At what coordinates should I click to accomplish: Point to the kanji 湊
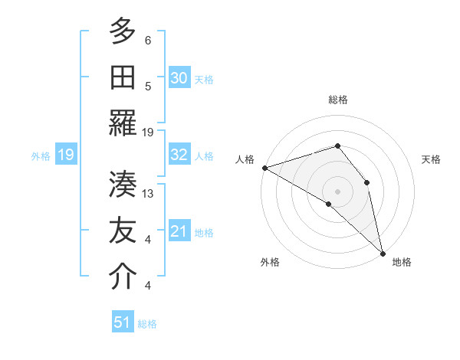click(x=123, y=184)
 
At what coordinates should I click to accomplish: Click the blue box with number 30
click(x=179, y=77)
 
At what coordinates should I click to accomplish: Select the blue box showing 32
click(x=179, y=155)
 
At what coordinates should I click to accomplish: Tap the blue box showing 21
click(x=179, y=231)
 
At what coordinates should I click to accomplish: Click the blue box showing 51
click(x=123, y=322)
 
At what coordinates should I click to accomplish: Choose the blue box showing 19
click(x=66, y=155)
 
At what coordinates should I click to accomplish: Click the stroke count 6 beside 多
click(x=148, y=41)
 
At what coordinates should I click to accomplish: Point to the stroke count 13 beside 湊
click(x=149, y=194)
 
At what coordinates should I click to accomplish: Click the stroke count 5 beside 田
click(x=148, y=86)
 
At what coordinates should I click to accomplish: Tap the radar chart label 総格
click(x=338, y=100)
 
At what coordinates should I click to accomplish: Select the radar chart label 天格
click(x=432, y=159)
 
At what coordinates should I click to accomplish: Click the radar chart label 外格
click(x=270, y=262)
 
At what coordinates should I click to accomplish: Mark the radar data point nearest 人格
click(x=264, y=168)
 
